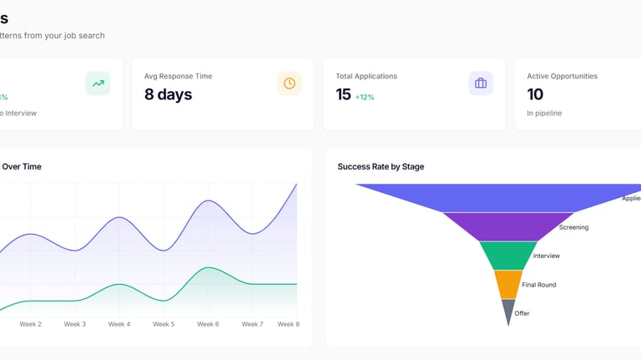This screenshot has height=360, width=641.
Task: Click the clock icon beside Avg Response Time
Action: point(290,84)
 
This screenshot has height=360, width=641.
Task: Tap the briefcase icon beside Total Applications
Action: point(481,84)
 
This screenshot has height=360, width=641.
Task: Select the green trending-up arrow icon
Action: point(98,84)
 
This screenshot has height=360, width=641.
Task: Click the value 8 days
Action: point(168,94)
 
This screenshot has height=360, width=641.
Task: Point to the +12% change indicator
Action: point(365,97)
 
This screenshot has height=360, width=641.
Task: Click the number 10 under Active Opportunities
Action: point(535,94)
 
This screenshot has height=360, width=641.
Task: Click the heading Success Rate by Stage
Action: point(381,167)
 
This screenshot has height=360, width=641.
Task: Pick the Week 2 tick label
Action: point(30,324)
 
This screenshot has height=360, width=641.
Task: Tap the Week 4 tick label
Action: point(119,324)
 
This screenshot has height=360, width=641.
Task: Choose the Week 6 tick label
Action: point(208,324)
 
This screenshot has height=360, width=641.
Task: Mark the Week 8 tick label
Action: point(288,324)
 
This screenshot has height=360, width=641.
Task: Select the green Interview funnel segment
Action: point(508,256)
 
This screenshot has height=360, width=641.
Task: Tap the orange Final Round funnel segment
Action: point(508,284)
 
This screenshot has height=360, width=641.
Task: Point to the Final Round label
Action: point(539,285)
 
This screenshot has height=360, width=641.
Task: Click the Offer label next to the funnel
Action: point(522,313)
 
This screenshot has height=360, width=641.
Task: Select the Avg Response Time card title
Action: point(178,76)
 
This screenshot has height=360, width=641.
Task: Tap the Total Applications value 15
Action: point(343,94)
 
